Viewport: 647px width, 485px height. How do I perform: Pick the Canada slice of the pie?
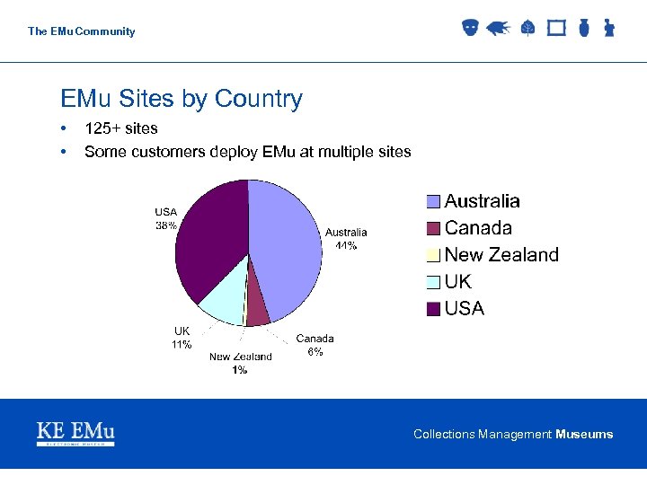click(x=257, y=309)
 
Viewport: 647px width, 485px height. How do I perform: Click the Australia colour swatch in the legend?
click(x=433, y=202)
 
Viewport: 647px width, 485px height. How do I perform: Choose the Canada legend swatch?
click(x=433, y=228)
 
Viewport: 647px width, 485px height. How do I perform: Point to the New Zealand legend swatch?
click(x=433, y=255)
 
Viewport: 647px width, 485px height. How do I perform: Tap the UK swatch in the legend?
click(x=433, y=282)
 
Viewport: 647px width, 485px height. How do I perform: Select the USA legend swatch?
click(x=433, y=309)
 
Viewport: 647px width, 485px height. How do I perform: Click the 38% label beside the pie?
click(x=166, y=226)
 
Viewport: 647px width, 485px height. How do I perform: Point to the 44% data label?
click(x=346, y=245)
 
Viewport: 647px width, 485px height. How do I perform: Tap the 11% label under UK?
click(x=182, y=345)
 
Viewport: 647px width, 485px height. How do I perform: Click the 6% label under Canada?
click(x=315, y=352)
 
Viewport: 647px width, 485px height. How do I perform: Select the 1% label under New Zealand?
click(x=240, y=370)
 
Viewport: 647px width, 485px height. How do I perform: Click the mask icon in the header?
click(x=470, y=29)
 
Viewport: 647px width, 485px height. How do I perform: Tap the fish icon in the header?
click(x=498, y=29)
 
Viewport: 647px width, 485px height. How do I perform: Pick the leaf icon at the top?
click(x=527, y=29)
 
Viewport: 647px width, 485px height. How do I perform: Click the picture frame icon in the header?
click(x=556, y=29)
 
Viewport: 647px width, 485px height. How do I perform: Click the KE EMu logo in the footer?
click(x=75, y=433)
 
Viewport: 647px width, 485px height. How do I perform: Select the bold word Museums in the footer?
click(x=584, y=435)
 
